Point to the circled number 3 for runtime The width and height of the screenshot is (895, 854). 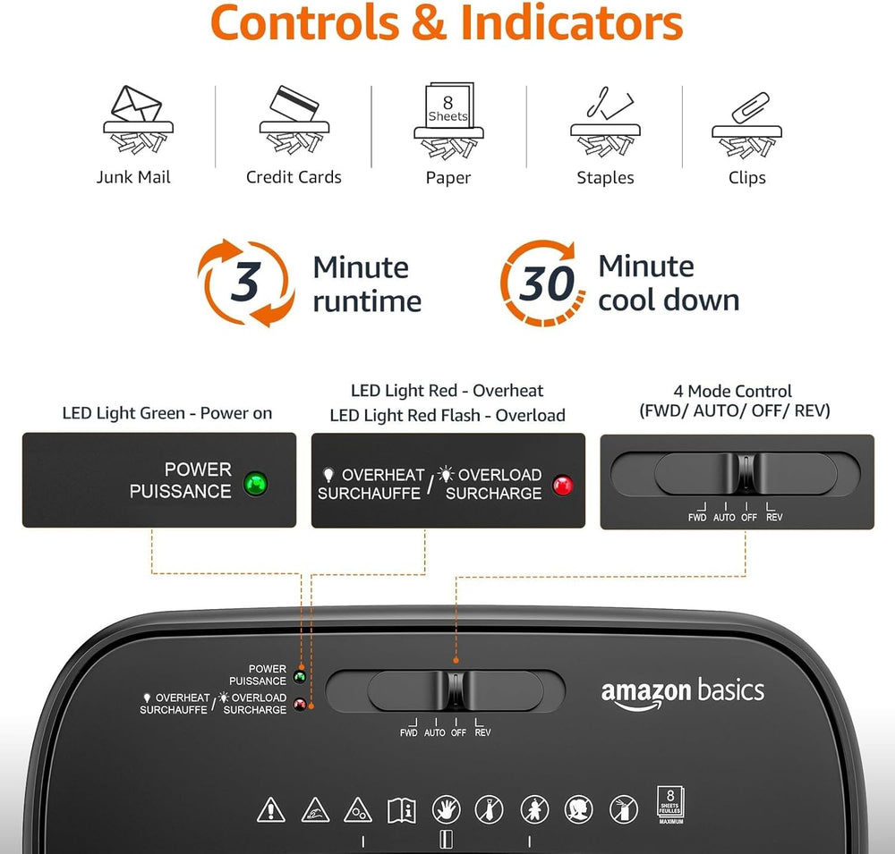[245, 283]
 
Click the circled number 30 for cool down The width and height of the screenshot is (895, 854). [546, 283]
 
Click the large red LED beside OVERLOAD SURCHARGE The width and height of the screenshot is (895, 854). [563, 486]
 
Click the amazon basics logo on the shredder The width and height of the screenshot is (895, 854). [682, 692]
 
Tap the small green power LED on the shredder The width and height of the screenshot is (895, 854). [300, 677]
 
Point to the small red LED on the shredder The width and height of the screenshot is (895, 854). [300, 704]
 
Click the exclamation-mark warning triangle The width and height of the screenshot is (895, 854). [270, 809]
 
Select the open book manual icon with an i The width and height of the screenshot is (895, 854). [401, 810]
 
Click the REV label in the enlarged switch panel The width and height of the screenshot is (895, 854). [774, 517]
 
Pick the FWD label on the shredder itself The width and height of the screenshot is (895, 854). [408, 732]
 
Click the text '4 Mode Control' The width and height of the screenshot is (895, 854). [733, 391]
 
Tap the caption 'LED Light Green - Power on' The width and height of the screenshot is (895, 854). [167, 412]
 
